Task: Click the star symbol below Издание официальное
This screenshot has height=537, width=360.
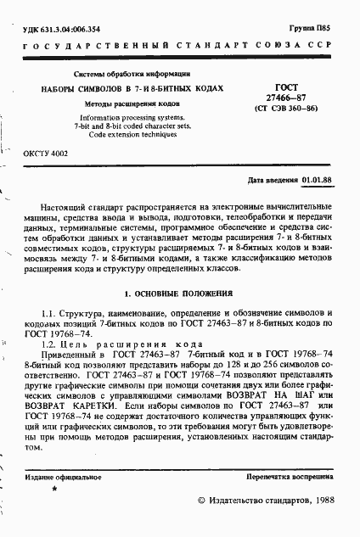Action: point(54,490)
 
